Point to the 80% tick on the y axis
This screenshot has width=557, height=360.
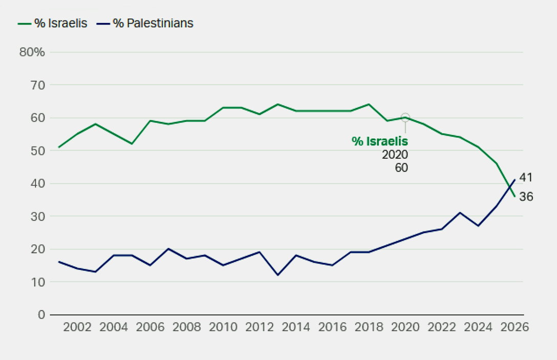click(32, 52)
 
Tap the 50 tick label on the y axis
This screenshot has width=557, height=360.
click(38, 151)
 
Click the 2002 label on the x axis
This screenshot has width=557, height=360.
click(77, 328)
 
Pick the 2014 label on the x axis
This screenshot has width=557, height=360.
click(296, 328)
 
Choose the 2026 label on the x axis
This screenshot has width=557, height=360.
click(514, 328)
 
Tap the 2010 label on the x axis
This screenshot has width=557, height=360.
click(223, 328)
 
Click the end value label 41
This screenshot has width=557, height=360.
click(526, 178)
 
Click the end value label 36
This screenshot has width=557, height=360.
click(526, 196)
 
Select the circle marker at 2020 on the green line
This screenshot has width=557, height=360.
click(405, 117)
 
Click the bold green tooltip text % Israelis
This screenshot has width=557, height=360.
click(380, 142)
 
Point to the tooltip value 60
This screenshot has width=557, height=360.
click(401, 167)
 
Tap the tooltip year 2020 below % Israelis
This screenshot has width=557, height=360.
click(395, 155)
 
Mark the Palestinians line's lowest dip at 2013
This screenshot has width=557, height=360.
click(278, 275)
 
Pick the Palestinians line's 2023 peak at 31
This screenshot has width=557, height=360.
click(460, 213)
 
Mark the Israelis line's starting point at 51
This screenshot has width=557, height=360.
click(59, 147)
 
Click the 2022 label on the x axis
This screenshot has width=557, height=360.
click(441, 328)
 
